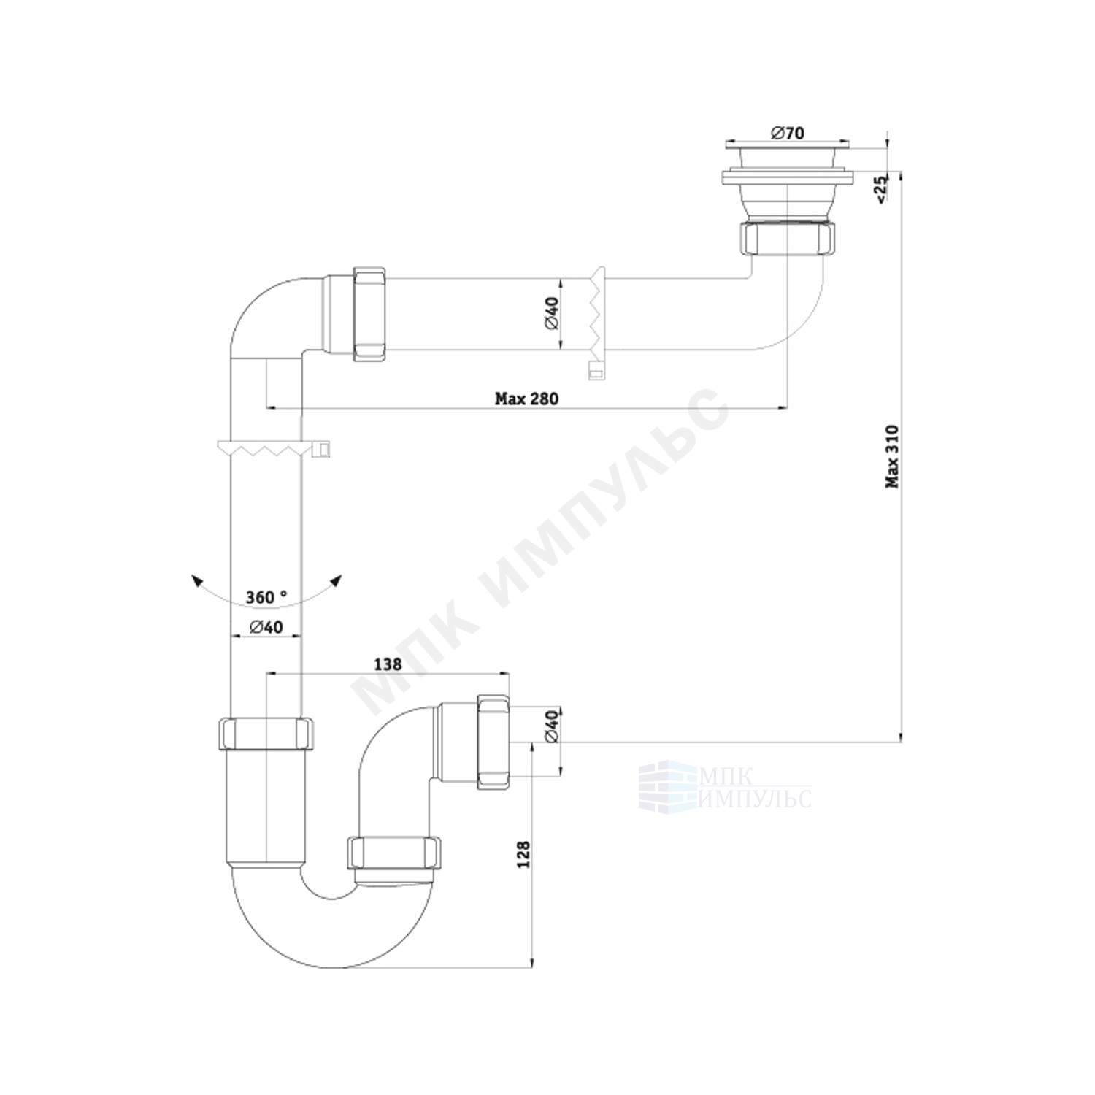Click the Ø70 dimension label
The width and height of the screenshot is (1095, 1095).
766,133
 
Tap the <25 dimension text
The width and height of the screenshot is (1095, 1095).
880,188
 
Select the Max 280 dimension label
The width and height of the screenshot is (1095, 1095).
526,399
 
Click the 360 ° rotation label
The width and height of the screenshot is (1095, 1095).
266,597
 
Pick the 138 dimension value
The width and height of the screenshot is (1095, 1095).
388,664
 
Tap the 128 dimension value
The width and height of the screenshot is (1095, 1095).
523,855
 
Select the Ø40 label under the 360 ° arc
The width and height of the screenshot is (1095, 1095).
266,626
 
